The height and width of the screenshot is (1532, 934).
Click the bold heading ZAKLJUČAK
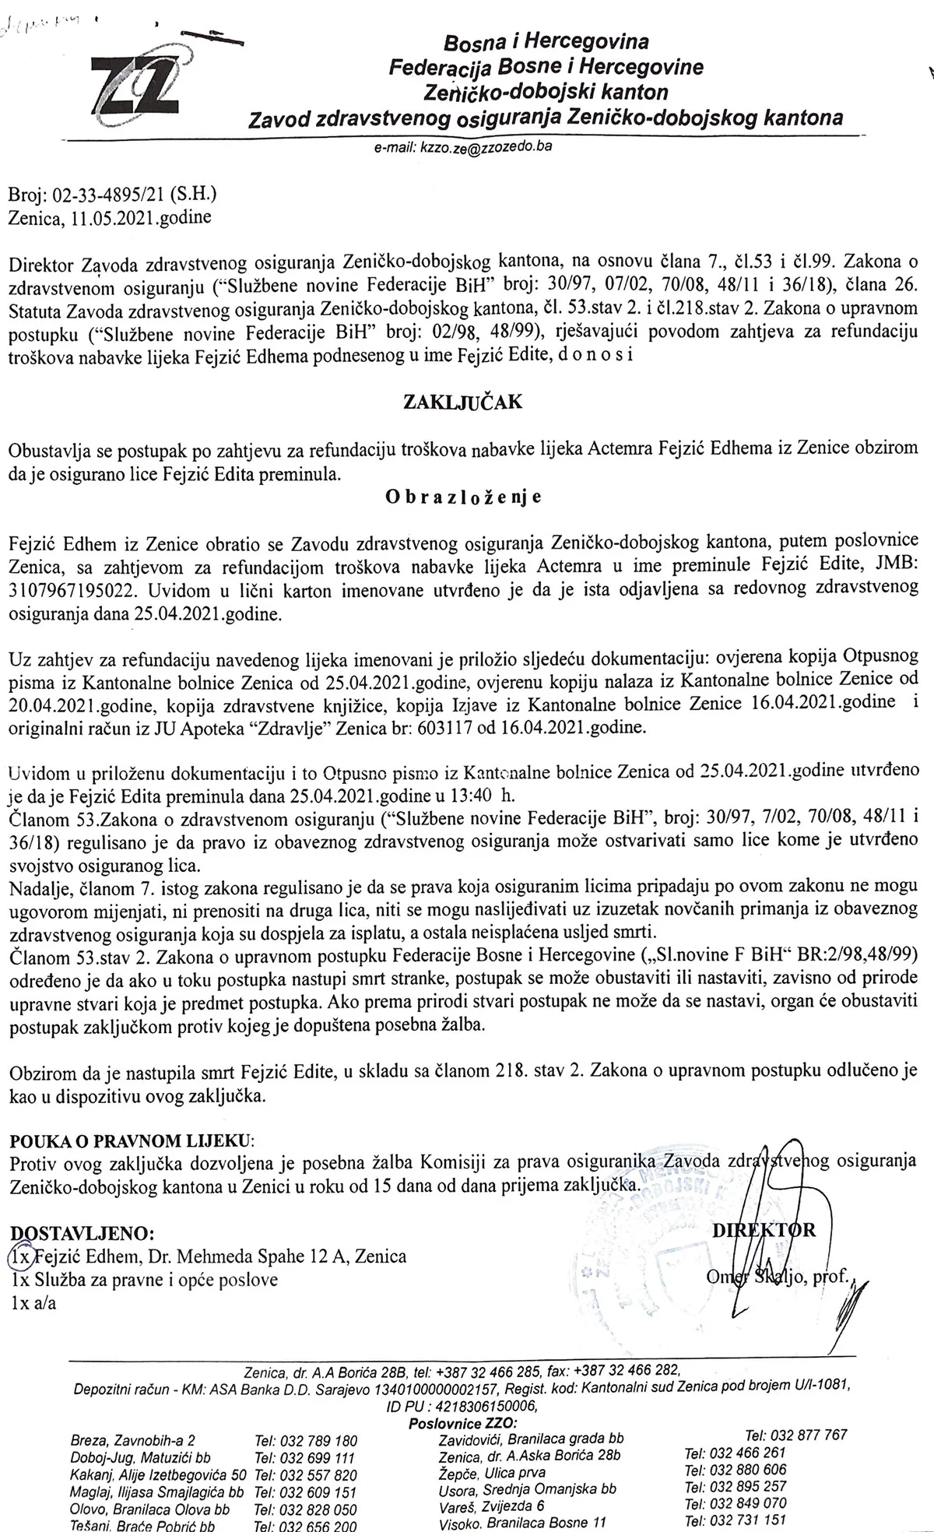click(x=462, y=402)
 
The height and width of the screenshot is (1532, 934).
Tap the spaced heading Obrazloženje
click(x=463, y=497)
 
